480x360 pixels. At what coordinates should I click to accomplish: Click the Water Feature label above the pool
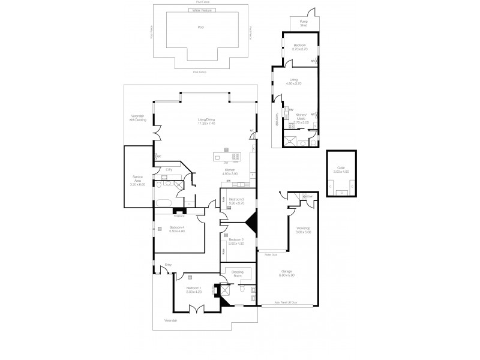pos(201,10)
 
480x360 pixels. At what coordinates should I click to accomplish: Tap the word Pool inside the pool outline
pos(201,28)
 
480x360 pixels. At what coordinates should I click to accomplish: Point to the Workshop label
pos(302,229)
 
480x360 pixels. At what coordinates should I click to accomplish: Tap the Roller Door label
pos(271,254)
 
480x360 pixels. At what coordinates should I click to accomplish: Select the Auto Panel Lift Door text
pos(286,302)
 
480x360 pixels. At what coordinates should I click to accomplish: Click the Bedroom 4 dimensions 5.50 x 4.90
pos(176,231)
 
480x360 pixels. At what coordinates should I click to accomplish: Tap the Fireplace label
pos(179,215)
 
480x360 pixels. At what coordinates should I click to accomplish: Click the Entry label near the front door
pos(169,264)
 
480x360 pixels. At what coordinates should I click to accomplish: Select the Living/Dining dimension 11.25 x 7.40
pos(206,123)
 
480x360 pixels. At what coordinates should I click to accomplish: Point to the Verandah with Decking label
pos(138,118)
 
